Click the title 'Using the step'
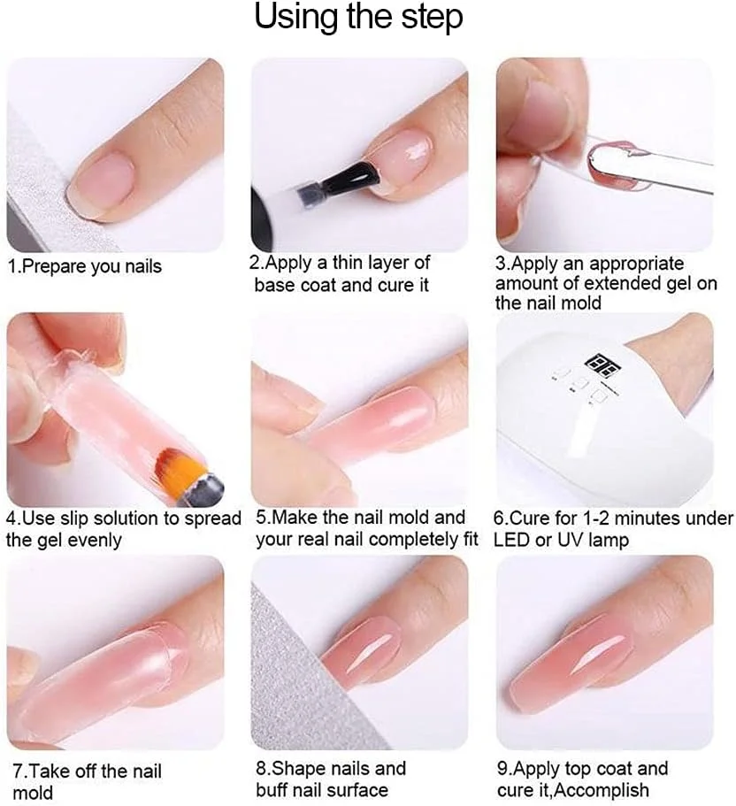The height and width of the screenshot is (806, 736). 358,18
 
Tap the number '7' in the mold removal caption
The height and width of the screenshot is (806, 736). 18,771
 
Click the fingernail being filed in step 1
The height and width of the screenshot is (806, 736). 99,183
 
